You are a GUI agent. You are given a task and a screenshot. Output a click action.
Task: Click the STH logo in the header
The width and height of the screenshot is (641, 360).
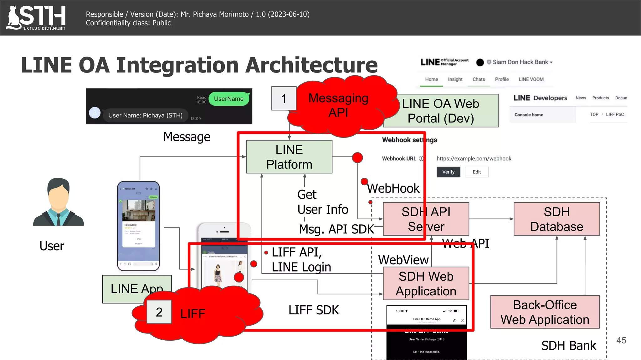pyautogui.click(x=36, y=17)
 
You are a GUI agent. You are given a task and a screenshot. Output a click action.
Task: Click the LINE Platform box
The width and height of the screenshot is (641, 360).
pyautogui.click(x=289, y=157)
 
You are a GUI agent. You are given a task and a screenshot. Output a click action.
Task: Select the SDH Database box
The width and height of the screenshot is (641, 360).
pyautogui.click(x=556, y=219)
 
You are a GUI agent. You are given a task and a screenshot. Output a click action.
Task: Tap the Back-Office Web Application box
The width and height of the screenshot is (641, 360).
pyautogui.click(x=545, y=312)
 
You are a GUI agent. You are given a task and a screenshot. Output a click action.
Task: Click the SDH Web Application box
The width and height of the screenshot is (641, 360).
pyautogui.click(x=426, y=283)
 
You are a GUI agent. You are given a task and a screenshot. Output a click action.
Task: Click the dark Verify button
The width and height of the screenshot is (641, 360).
pyautogui.click(x=448, y=172)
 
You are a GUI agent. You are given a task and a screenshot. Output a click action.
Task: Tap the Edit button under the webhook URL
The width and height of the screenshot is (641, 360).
pyautogui.click(x=476, y=172)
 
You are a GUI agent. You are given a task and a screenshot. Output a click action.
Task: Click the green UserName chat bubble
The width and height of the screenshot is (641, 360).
pyautogui.click(x=229, y=99)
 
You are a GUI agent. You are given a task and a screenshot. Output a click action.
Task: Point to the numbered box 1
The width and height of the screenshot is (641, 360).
pyautogui.click(x=284, y=99)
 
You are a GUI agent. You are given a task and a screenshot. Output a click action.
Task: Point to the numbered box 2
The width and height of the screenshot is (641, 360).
pyautogui.click(x=159, y=312)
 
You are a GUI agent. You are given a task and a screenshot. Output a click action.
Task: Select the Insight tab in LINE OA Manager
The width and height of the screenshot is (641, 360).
pyautogui.click(x=455, y=79)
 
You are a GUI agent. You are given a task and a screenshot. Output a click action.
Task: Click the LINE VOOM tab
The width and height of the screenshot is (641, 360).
pyautogui.click(x=531, y=79)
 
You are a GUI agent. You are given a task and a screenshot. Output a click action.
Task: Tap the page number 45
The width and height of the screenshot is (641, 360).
pyautogui.click(x=621, y=340)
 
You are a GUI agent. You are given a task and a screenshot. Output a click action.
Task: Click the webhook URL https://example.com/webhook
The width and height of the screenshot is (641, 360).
pyautogui.click(x=474, y=159)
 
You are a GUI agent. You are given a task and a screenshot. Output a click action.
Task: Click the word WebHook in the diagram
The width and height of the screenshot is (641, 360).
pyautogui.click(x=393, y=188)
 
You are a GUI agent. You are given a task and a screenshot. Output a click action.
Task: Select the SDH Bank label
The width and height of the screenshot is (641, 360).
pyautogui.click(x=568, y=346)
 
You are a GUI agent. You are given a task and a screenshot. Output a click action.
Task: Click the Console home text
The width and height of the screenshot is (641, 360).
pyautogui.click(x=529, y=115)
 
